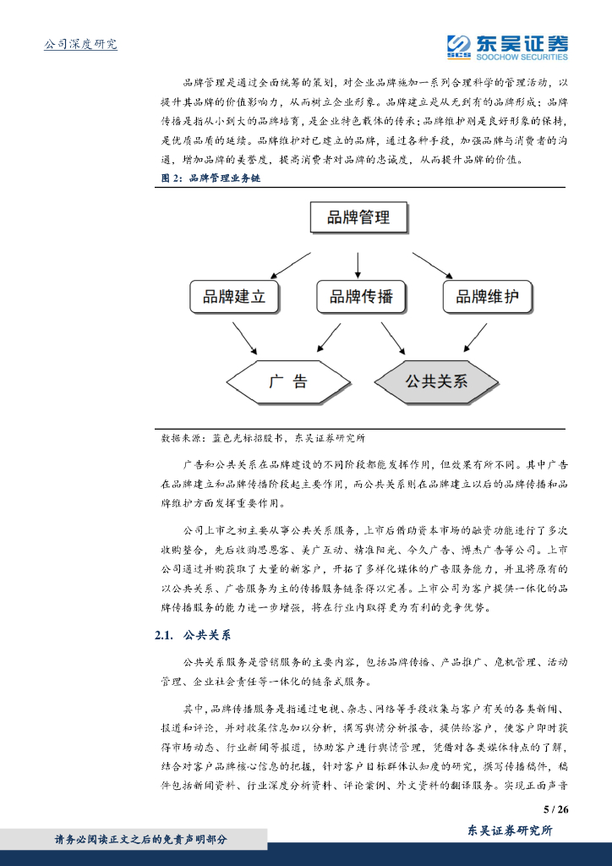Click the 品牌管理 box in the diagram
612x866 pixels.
click(x=359, y=218)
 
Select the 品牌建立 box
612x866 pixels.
click(x=234, y=297)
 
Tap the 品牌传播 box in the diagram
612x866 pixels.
click(x=361, y=297)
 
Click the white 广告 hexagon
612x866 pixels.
click(x=288, y=381)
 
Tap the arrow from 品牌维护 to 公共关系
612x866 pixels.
click(x=478, y=337)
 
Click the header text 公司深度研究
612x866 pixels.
click(x=80, y=44)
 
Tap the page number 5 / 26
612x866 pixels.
click(x=556, y=809)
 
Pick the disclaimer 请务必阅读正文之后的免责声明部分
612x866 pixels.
click(x=140, y=839)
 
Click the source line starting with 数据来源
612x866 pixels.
click(x=263, y=438)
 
